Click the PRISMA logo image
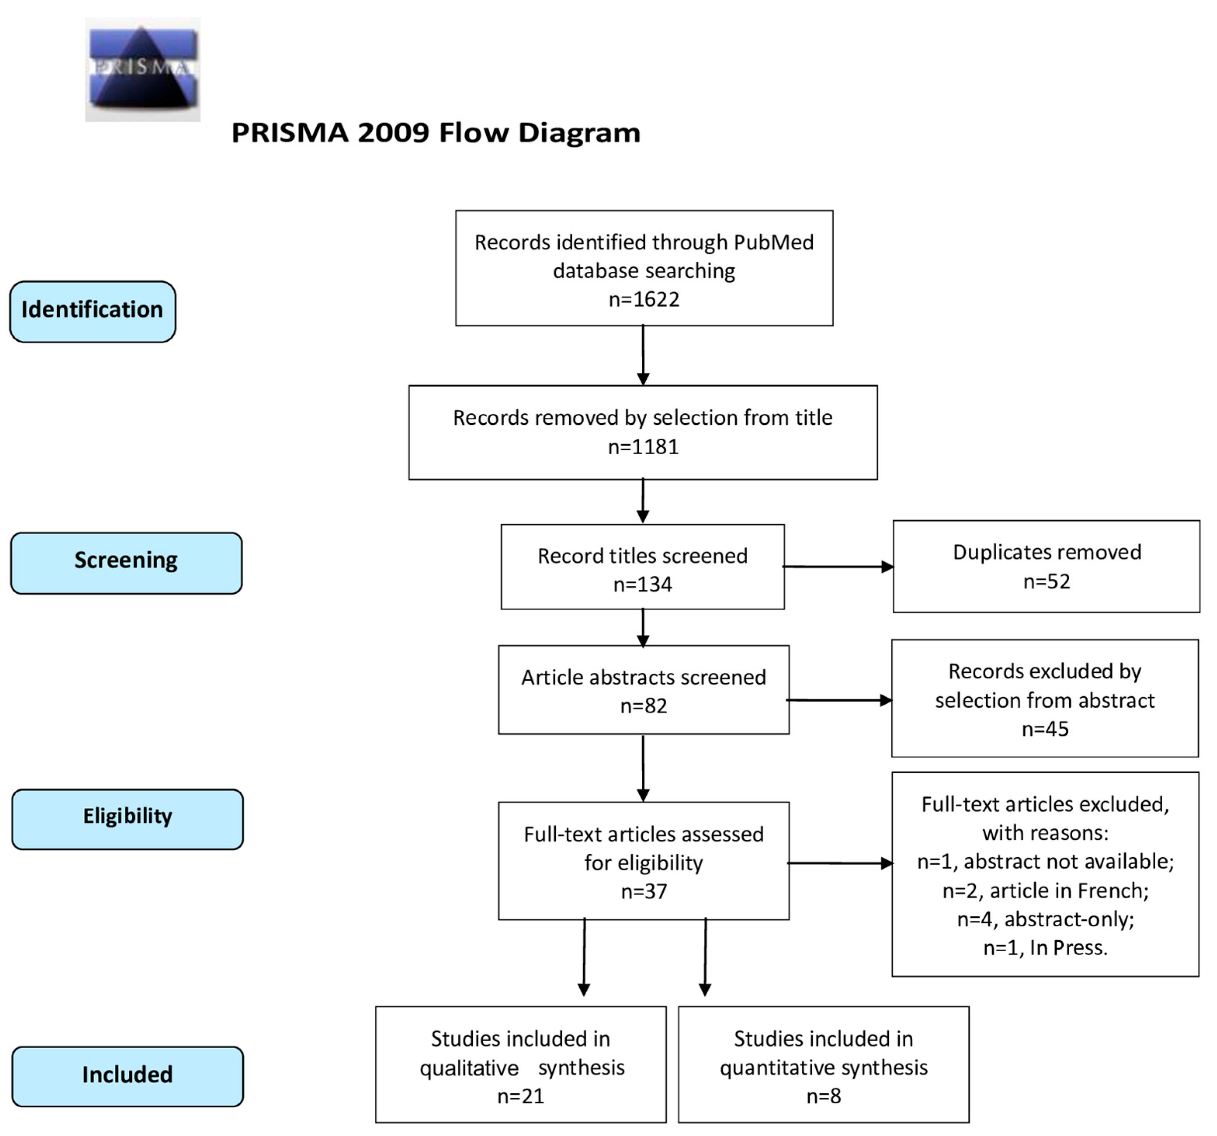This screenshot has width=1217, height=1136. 143,69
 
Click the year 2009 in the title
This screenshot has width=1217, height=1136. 393,133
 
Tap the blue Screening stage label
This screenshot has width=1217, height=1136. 126,563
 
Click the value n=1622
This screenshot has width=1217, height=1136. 643,299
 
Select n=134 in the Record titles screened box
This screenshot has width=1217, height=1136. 642,584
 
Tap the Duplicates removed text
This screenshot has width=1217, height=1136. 1047,552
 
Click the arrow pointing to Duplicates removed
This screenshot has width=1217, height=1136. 839,566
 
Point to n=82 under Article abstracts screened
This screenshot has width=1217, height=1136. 643,706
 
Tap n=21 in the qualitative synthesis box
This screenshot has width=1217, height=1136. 520,1096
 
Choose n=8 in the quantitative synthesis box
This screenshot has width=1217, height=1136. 823,1096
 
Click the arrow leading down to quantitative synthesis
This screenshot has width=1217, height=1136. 705,957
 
